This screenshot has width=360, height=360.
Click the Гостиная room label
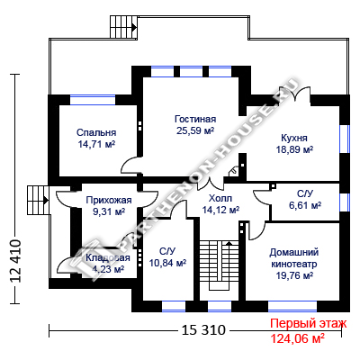coord(195,119)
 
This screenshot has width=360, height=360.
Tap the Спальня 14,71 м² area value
coord(96,144)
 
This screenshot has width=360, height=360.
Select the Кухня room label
coord(294,138)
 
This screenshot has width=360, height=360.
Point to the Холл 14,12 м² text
coord(220,204)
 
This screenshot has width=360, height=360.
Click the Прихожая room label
coord(109,200)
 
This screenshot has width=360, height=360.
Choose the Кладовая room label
coord(108,257)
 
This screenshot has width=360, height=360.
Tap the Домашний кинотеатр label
coord(294,258)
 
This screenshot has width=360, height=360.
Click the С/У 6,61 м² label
coord(305,200)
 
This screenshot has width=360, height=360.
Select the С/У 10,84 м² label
coord(167,257)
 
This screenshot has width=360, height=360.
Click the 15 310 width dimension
coord(203,330)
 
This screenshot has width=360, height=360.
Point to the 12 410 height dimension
coord(16,261)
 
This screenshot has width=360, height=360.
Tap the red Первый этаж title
coord(309,324)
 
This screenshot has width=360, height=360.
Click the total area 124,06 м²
coord(297,338)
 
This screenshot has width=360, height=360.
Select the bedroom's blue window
coord(93,100)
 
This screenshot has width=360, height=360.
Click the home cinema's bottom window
coord(292,306)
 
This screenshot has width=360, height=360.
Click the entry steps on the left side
coord(38,200)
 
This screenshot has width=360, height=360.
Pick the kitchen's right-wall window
coord(345,139)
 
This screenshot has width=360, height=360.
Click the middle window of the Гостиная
coord(191,71)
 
